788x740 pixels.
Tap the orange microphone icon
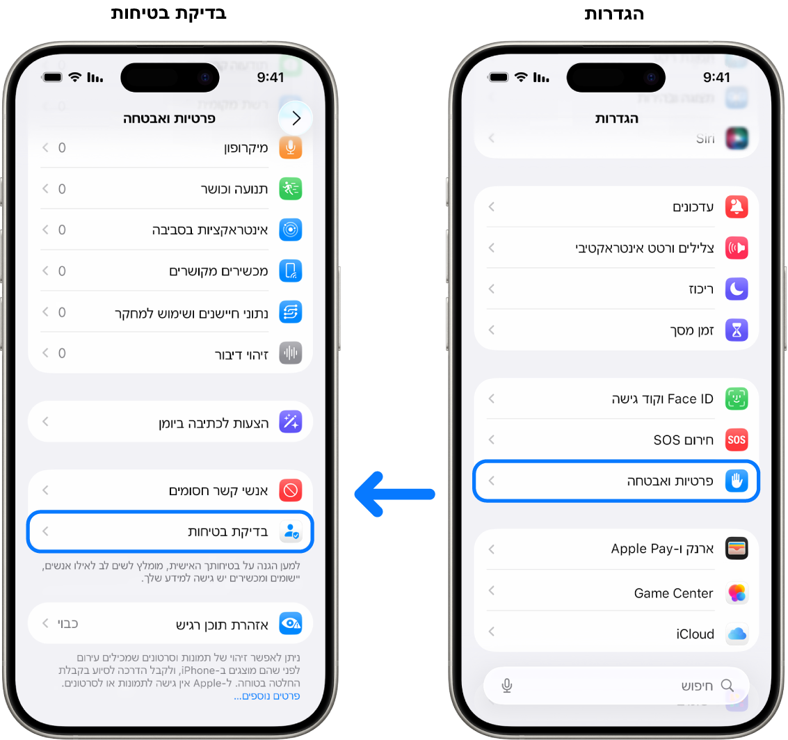tap(290, 147)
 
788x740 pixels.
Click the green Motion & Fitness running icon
tap(290, 188)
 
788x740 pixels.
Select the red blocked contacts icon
tap(290, 490)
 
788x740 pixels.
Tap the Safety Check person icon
tap(290, 532)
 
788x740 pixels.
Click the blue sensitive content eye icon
tap(290, 623)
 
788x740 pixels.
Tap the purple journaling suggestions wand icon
tap(290, 421)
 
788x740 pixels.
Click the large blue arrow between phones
tap(394, 494)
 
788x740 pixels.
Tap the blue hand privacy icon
tap(737, 481)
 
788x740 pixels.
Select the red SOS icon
tap(737, 440)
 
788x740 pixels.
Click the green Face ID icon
tap(737, 399)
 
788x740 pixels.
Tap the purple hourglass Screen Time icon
tap(737, 330)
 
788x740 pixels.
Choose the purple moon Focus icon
tap(737, 289)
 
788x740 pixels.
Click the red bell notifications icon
tap(737, 207)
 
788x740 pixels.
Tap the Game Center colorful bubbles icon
tap(737, 593)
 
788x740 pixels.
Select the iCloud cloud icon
tap(737, 634)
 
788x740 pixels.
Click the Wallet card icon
tap(737, 549)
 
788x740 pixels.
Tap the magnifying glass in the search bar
tap(727, 686)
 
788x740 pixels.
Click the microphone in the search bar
tap(507, 686)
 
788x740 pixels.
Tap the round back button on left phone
tap(296, 118)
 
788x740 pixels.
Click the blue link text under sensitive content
tap(267, 695)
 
